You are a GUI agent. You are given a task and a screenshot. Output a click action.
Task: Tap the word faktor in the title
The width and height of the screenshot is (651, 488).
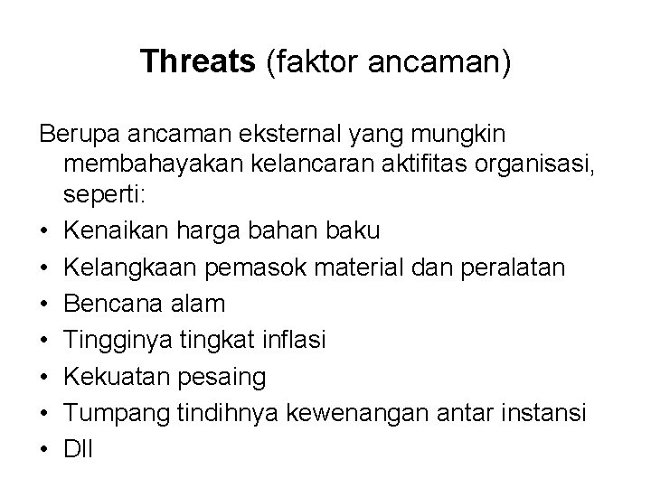point(297,61)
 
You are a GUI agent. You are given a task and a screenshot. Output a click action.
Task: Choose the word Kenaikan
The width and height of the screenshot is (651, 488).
point(114,230)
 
